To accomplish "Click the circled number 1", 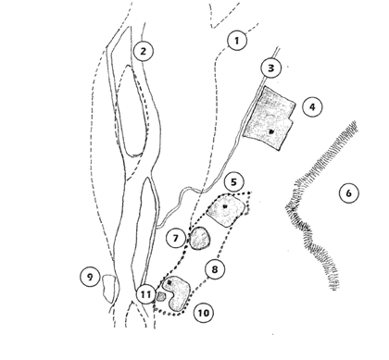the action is point(237,41).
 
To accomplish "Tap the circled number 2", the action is point(144,51).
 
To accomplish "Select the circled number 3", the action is point(270,68).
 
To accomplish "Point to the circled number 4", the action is point(312,107).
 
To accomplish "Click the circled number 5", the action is point(233,182).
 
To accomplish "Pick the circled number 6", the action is point(348,193).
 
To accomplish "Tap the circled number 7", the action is point(176,239).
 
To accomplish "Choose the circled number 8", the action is point(214,269).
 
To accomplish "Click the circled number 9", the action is point(90,277).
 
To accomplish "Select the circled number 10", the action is point(204,313).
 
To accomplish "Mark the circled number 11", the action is point(146,294).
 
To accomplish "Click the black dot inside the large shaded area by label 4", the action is point(271,131).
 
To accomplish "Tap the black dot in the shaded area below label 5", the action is point(225,206).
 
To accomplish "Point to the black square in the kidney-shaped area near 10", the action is point(169,282).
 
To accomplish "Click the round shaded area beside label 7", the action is point(200,238).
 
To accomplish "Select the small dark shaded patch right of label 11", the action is point(161,297).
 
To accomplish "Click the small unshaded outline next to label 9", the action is point(108,289).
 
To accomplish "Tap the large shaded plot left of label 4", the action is point(270,118).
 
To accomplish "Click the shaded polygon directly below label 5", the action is point(226,211).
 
